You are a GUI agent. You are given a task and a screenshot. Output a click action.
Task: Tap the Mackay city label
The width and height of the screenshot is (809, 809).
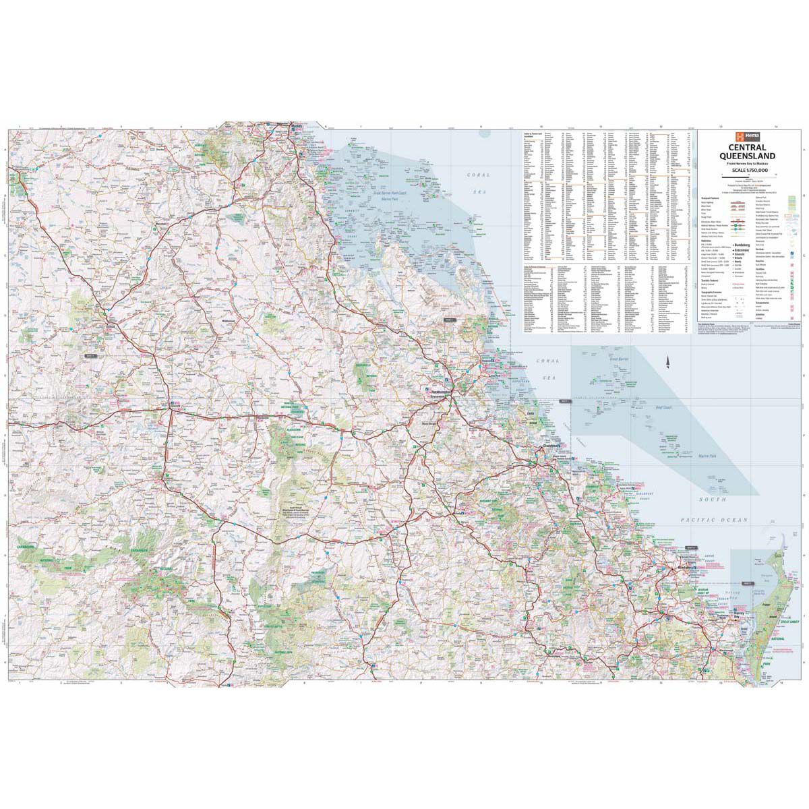coord(297,127)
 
